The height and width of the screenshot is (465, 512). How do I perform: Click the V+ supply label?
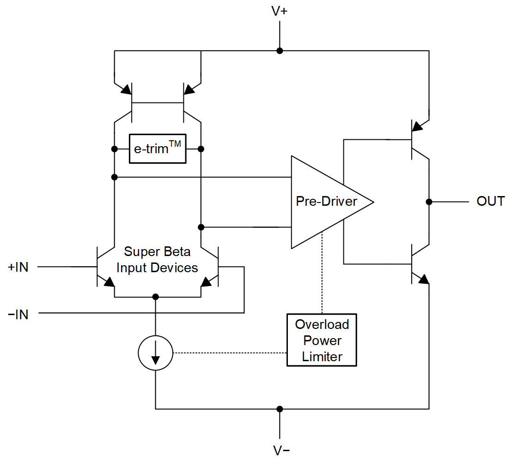(x=279, y=12)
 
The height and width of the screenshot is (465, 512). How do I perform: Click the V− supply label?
(x=279, y=451)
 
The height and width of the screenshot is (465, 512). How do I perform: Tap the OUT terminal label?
(x=490, y=202)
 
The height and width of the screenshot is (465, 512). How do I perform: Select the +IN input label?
(x=18, y=267)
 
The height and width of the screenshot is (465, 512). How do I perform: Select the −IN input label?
(x=18, y=315)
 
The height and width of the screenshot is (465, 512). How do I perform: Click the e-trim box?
(x=158, y=149)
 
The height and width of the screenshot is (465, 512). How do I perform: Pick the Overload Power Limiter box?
(x=322, y=340)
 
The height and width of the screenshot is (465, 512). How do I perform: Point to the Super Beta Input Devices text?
(x=157, y=260)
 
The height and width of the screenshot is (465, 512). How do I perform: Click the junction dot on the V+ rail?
(x=280, y=50)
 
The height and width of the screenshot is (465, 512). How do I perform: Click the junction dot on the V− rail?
(x=280, y=409)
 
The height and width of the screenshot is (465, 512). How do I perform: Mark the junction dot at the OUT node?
(x=429, y=202)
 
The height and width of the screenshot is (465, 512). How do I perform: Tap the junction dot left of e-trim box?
(x=114, y=149)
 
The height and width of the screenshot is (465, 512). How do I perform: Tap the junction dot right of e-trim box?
(x=201, y=149)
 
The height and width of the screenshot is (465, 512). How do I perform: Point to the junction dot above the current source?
(x=156, y=297)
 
